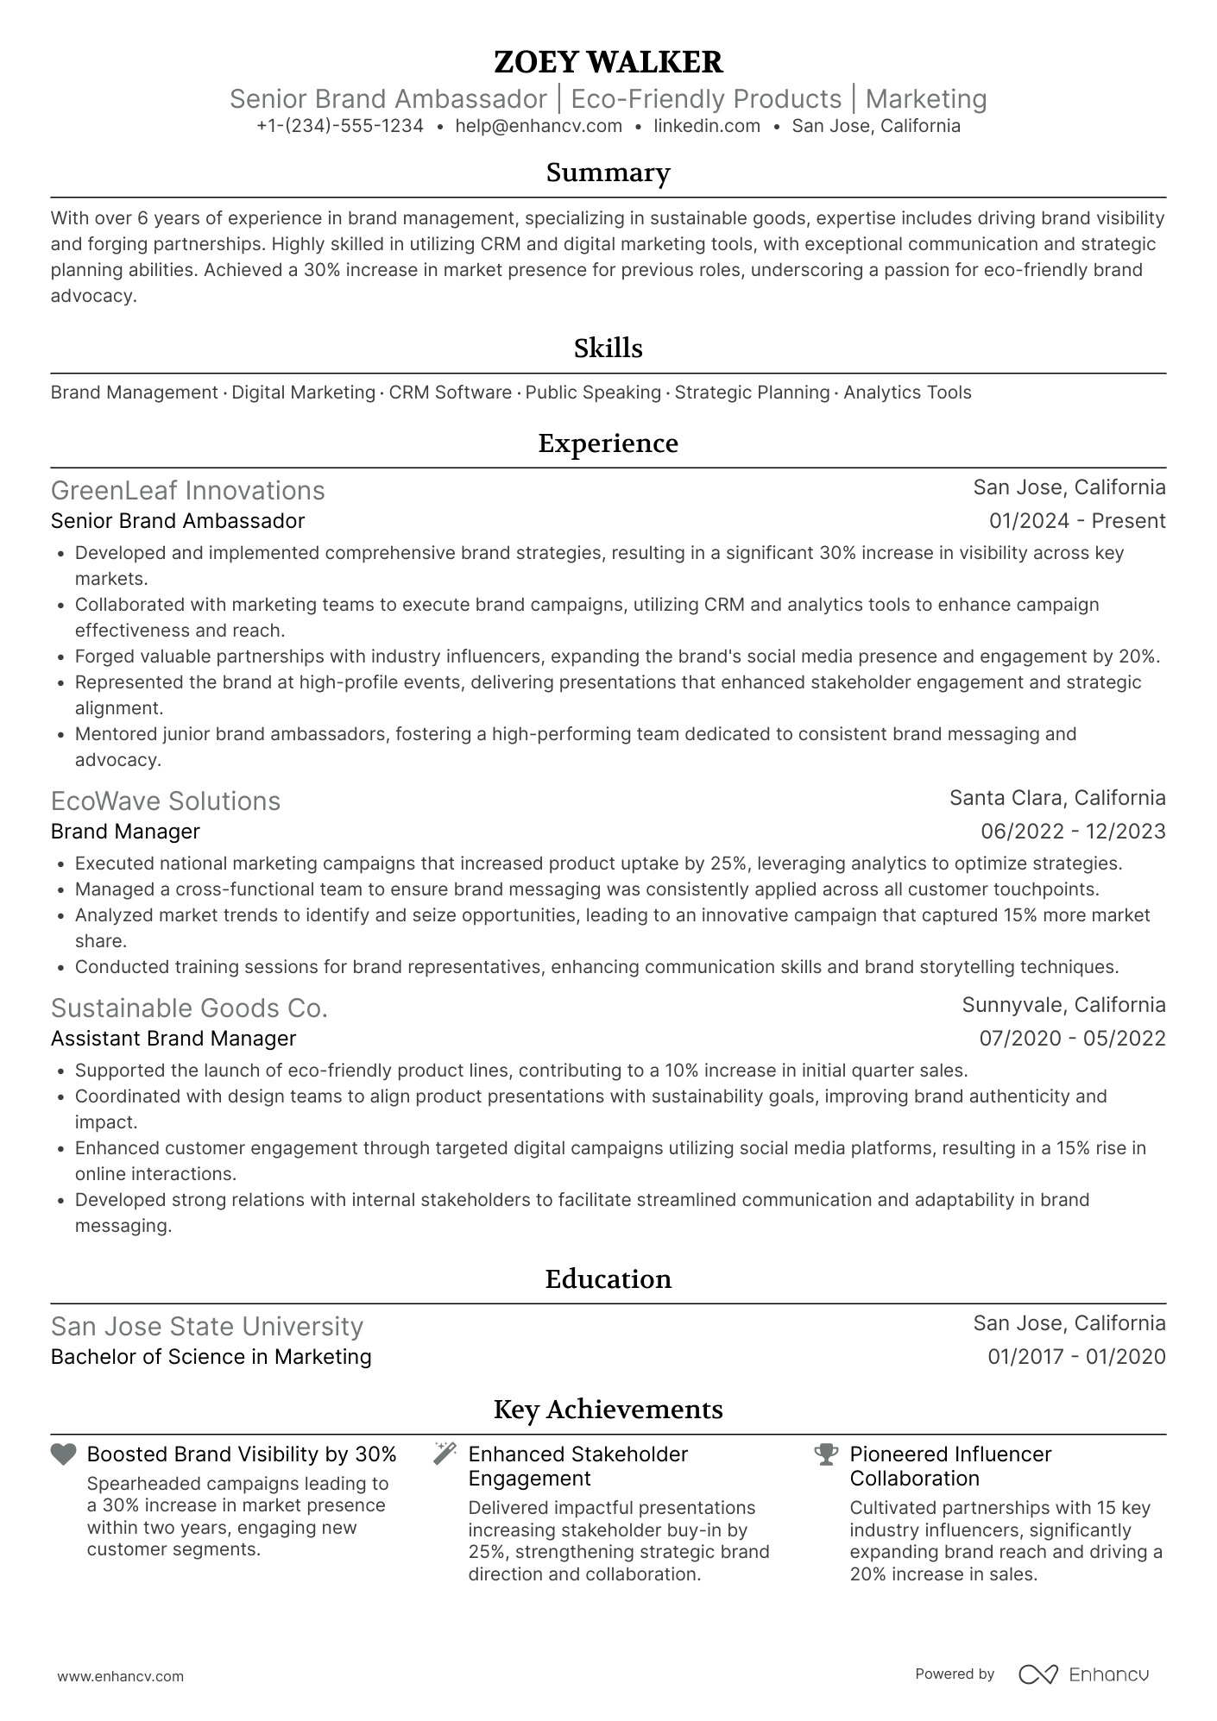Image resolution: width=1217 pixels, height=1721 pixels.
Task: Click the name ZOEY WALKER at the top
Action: pyautogui.click(x=608, y=62)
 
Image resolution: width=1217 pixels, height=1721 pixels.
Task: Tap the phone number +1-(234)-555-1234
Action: pyautogui.click(x=340, y=126)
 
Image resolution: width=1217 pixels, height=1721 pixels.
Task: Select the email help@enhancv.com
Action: pyautogui.click(x=539, y=126)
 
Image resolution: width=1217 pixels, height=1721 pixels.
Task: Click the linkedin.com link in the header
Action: pyautogui.click(x=707, y=126)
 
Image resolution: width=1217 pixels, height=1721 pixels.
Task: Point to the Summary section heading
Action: pyautogui.click(x=608, y=173)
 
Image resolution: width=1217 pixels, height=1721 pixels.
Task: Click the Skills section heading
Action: pyautogui.click(x=608, y=349)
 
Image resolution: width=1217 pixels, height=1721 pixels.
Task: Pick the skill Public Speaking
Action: pyautogui.click(x=593, y=393)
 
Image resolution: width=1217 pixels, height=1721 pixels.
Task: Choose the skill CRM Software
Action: pyautogui.click(x=450, y=393)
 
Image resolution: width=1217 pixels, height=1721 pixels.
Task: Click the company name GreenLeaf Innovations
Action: pyautogui.click(x=188, y=490)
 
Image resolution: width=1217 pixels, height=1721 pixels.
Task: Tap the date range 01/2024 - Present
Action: pyautogui.click(x=1077, y=521)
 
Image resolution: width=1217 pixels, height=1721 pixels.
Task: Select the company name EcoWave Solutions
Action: pyautogui.click(x=166, y=801)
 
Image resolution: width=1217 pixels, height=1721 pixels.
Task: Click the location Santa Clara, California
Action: pyautogui.click(x=1057, y=798)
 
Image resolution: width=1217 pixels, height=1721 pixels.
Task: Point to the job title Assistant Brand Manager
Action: pyautogui.click(x=173, y=1039)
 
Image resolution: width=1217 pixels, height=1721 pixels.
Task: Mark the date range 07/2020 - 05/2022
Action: pyautogui.click(x=1072, y=1039)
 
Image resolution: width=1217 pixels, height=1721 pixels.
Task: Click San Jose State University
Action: pyautogui.click(x=207, y=1326)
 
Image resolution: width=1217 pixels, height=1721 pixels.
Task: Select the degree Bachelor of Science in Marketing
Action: pyautogui.click(x=211, y=1357)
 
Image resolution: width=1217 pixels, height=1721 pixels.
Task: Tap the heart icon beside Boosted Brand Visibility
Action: pyautogui.click(x=64, y=1454)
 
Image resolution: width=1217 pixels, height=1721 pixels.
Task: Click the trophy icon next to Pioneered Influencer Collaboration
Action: pyautogui.click(x=826, y=1454)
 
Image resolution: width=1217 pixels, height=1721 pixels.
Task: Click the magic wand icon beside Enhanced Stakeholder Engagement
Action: pyautogui.click(x=445, y=1454)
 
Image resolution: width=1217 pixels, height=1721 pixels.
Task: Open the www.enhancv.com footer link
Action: pyautogui.click(x=121, y=1677)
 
